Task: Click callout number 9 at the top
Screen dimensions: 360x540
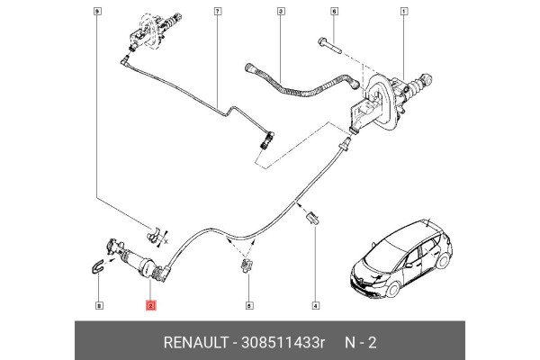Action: click(x=97, y=11)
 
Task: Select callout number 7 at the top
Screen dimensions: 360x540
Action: click(x=217, y=11)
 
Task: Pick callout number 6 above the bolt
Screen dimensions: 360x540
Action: click(x=334, y=11)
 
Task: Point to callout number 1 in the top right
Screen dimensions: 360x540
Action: click(x=403, y=11)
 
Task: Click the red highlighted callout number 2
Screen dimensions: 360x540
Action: click(x=150, y=307)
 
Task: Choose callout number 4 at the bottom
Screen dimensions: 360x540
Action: click(x=315, y=307)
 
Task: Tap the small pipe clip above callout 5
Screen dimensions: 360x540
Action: click(x=247, y=265)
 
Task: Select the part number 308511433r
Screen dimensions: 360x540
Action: click(x=281, y=344)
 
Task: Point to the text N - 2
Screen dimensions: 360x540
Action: click(x=363, y=344)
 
